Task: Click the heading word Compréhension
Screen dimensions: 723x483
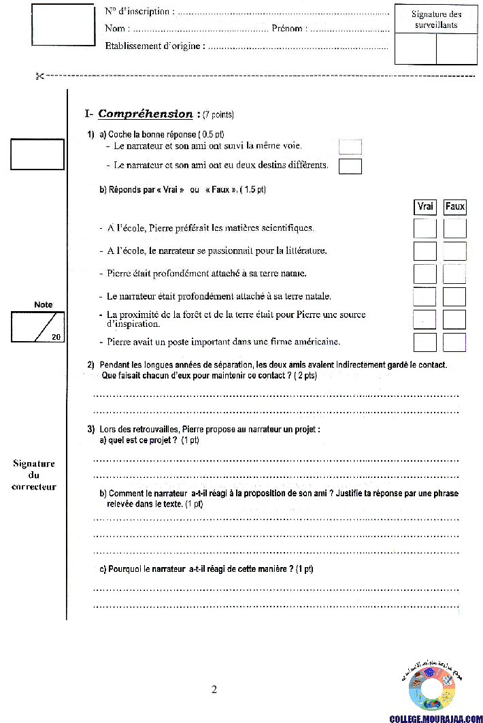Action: point(146,114)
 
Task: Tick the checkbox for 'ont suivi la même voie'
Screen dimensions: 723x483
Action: point(350,146)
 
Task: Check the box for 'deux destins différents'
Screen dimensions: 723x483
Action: point(350,166)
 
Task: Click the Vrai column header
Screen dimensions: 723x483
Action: point(424,206)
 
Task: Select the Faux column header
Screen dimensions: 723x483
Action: point(455,206)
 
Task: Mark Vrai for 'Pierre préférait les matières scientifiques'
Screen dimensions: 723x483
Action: point(424,228)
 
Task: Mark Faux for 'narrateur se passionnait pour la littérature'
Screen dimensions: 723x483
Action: point(455,251)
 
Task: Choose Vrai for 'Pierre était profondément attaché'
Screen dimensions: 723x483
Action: point(424,274)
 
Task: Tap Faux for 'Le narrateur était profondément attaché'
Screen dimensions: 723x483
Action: point(455,297)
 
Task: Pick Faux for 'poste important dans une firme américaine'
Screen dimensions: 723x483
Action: point(455,342)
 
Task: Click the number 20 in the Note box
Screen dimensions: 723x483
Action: point(56,336)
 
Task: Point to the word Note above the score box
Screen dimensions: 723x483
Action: point(43,304)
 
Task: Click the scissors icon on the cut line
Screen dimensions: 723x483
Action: point(39,76)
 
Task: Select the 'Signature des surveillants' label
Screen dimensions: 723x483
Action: point(436,19)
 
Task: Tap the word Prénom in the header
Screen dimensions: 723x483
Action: point(287,29)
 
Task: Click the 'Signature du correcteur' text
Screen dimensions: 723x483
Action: point(33,475)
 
